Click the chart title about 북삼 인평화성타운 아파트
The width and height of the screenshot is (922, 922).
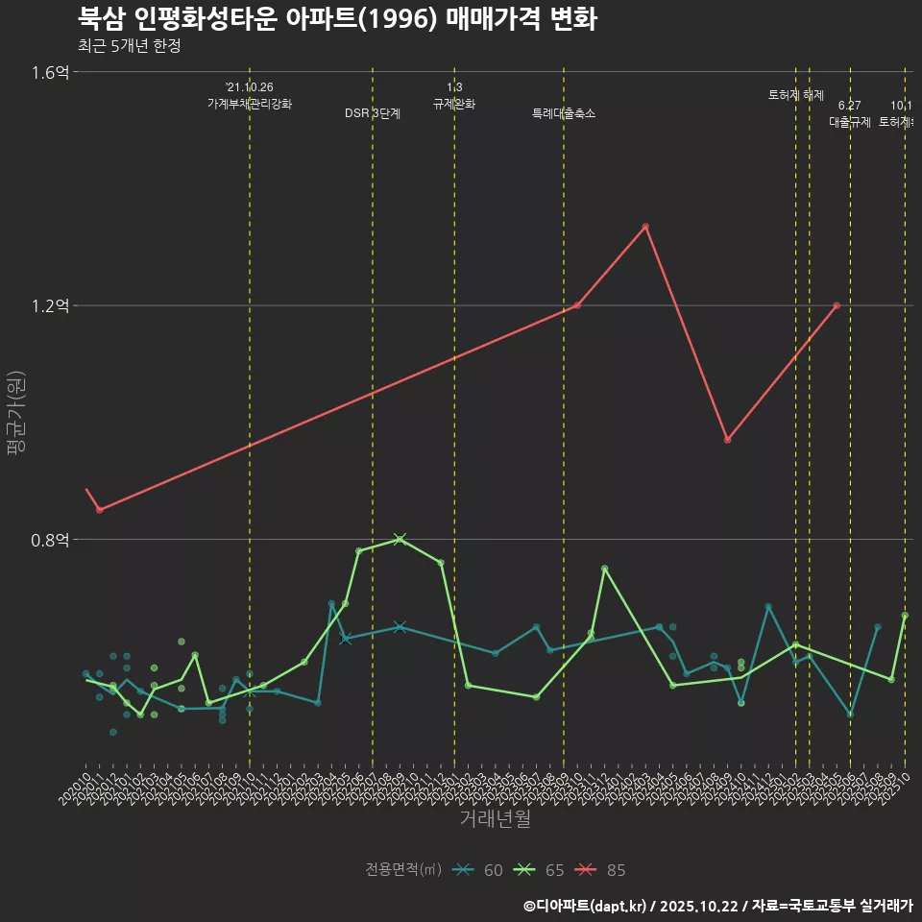337,18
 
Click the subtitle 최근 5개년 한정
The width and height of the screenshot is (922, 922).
129,46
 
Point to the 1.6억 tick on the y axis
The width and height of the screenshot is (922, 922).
50,72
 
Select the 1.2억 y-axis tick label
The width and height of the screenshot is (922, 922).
50,306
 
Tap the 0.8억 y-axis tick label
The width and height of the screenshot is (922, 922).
50,540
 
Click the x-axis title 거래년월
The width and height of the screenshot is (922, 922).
495,819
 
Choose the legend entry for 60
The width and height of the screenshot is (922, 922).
481,870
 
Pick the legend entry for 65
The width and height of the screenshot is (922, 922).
543,870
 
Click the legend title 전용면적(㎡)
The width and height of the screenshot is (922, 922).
402,870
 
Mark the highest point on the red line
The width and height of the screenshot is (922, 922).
645,227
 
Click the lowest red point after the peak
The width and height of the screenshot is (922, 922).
728,440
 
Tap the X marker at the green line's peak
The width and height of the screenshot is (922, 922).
400,539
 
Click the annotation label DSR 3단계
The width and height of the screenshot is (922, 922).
373,113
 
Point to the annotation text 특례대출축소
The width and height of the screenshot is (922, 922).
564,113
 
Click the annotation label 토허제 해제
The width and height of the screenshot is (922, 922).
796,95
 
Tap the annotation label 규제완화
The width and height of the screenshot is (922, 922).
454,104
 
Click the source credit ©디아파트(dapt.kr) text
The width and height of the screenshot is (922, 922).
586,906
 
